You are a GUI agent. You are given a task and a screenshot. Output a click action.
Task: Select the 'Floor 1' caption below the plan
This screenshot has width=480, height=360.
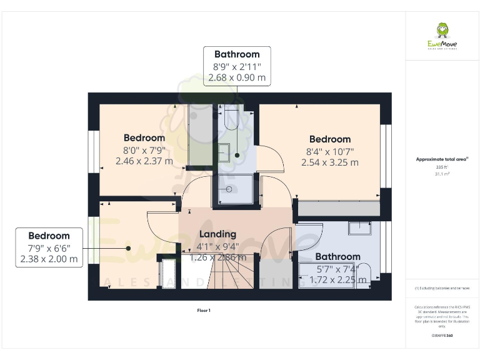(203, 310)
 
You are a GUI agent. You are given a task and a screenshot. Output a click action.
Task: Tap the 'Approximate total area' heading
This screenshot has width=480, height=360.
(442, 159)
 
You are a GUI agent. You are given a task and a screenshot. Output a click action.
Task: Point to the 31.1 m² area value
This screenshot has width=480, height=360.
(442, 174)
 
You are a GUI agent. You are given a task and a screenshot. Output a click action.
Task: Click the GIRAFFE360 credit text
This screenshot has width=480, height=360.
(442, 336)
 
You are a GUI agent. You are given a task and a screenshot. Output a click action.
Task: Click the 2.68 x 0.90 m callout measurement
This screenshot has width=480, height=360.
(237, 78)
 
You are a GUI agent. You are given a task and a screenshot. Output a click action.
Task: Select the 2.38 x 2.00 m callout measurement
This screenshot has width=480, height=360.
(49, 259)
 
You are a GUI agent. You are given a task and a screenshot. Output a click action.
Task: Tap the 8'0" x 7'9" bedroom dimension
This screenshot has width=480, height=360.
(144, 150)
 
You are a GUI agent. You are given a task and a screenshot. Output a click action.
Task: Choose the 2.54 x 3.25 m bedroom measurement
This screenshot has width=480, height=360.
(329, 162)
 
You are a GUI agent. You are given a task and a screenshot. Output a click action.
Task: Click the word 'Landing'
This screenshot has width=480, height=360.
(217, 234)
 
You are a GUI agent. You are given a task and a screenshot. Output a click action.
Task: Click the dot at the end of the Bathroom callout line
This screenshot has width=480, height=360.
(237, 155)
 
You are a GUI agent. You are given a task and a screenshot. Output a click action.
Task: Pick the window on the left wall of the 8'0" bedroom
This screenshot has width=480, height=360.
(94, 151)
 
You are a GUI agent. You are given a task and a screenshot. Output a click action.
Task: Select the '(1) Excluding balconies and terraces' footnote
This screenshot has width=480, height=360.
(442, 288)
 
